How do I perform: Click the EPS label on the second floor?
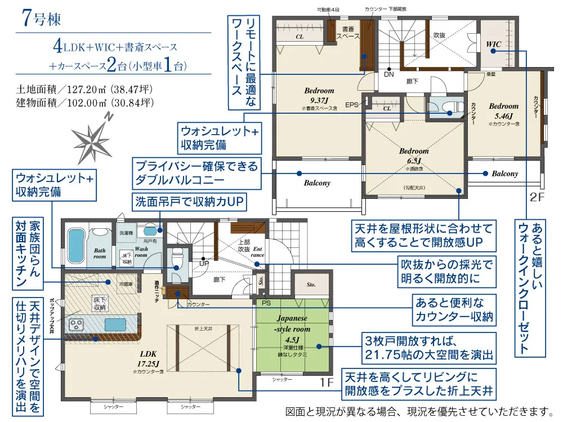coord(352,105)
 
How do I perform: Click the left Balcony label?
coord(317,183)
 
